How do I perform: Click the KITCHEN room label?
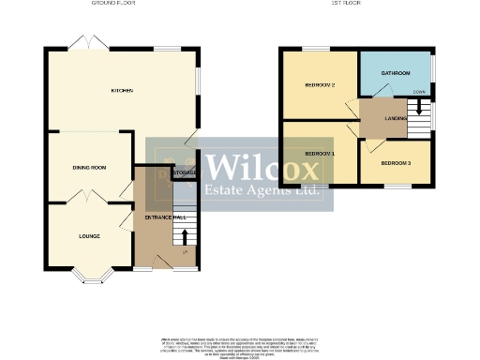tap(122, 91)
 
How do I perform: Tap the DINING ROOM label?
tap(89, 167)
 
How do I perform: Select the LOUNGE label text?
tap(89, 235)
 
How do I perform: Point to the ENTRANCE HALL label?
tap(160, 217)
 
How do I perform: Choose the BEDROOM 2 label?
tap(320, 85)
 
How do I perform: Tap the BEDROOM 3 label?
tap(395, 163)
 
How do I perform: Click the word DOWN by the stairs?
tap(418, 92)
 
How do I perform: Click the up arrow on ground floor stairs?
tap(184, 235)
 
